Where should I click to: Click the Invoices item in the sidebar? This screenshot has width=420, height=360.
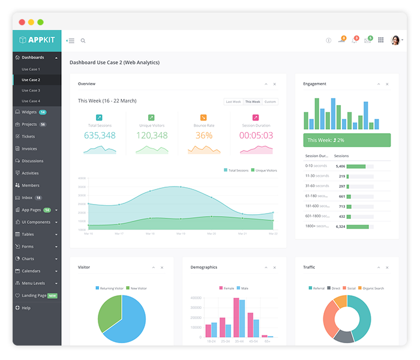(x=29, y=149)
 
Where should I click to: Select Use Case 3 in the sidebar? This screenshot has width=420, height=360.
(x=31, y=91)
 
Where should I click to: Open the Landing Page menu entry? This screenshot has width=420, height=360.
(x=34, y=296)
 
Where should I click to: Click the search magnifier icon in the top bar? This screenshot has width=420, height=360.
(x=83, y=41)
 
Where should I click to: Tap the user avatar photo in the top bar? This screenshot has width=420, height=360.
(x=395, y=40)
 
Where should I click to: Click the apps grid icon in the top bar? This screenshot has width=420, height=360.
(x=381, y=40)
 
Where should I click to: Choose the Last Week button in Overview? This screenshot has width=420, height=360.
(x=233, y=102)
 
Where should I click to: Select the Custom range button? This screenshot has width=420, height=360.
(x=270, y=102)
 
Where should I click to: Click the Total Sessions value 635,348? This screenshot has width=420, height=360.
(x=100, y=136)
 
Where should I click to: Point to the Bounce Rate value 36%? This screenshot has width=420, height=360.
(x=203, y=136)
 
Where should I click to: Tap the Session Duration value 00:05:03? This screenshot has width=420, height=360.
(x=256, y=136)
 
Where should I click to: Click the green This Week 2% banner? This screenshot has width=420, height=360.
(x=347, y=140)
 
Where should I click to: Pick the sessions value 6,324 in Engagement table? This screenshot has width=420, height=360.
(x=340, y=226)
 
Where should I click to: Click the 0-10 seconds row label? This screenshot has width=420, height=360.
(x=316, y=166)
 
